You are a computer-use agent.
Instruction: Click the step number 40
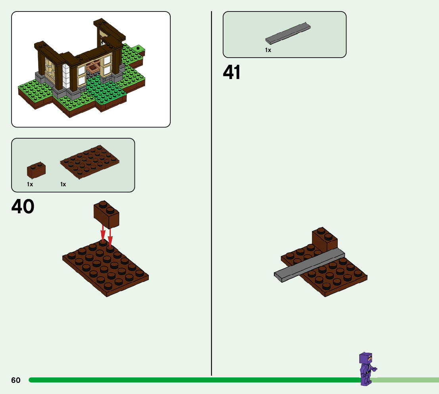tap(23, 207)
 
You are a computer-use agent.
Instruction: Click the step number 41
tap(232, 73)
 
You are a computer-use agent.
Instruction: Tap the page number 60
tap(16, 380)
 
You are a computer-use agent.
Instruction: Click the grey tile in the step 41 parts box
tap(288, 34)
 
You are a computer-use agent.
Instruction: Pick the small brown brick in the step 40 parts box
tap(36, 170)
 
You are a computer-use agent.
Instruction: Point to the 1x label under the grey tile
tap(268, 50)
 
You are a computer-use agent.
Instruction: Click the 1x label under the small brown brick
tap(30, 184)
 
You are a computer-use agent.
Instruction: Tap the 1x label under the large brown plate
tap(63, 184)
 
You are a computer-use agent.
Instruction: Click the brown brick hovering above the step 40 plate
tap(106, 214)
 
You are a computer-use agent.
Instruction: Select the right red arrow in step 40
tap(110, 237)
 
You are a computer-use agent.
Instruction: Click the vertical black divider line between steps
tap(211, 199)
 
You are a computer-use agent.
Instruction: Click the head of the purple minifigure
tap(366, 359)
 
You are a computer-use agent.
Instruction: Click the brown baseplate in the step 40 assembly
tap(106, 270)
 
